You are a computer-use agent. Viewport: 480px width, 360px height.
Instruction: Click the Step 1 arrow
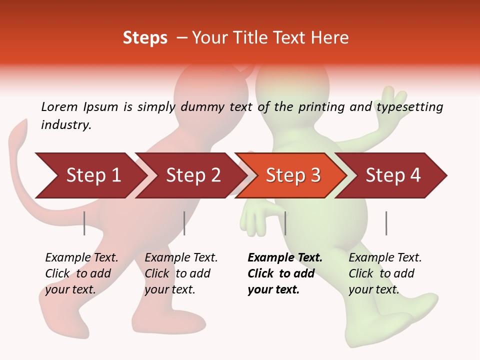point(90,175)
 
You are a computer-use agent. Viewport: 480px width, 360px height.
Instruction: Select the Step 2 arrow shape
point(192,175)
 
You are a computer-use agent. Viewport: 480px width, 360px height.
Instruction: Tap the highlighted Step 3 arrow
point(292,175)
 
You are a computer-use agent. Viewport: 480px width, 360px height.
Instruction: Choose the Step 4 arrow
point(393,175)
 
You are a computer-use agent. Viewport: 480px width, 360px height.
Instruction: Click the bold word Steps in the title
point(145,37)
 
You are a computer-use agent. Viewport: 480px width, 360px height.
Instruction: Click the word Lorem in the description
point(59,107)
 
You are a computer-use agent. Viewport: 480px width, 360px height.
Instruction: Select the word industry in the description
point(66,125)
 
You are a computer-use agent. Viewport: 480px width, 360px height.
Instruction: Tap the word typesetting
point(409,107)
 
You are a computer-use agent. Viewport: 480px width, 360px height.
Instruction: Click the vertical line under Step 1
point(84,223)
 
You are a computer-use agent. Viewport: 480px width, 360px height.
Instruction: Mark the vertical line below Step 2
point(184,223)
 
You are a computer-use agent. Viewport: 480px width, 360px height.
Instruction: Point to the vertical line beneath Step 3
point(285,223)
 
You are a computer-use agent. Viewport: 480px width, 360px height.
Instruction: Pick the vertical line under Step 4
point(386,223)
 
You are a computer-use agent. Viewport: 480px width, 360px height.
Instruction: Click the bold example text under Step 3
point(284,273)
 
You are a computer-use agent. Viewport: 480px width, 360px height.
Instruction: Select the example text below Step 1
point(81,273)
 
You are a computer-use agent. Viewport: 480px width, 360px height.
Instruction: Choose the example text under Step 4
point(384,273)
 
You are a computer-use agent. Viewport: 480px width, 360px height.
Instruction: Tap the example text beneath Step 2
point(180,273)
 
